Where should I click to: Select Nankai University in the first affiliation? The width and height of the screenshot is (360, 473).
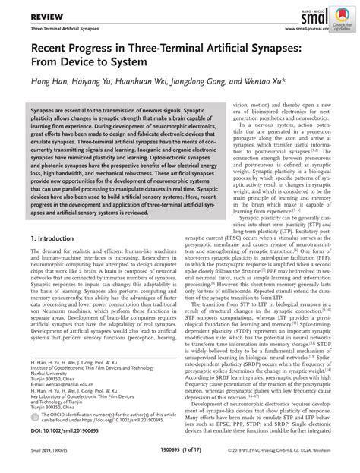(x=50, y=386)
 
